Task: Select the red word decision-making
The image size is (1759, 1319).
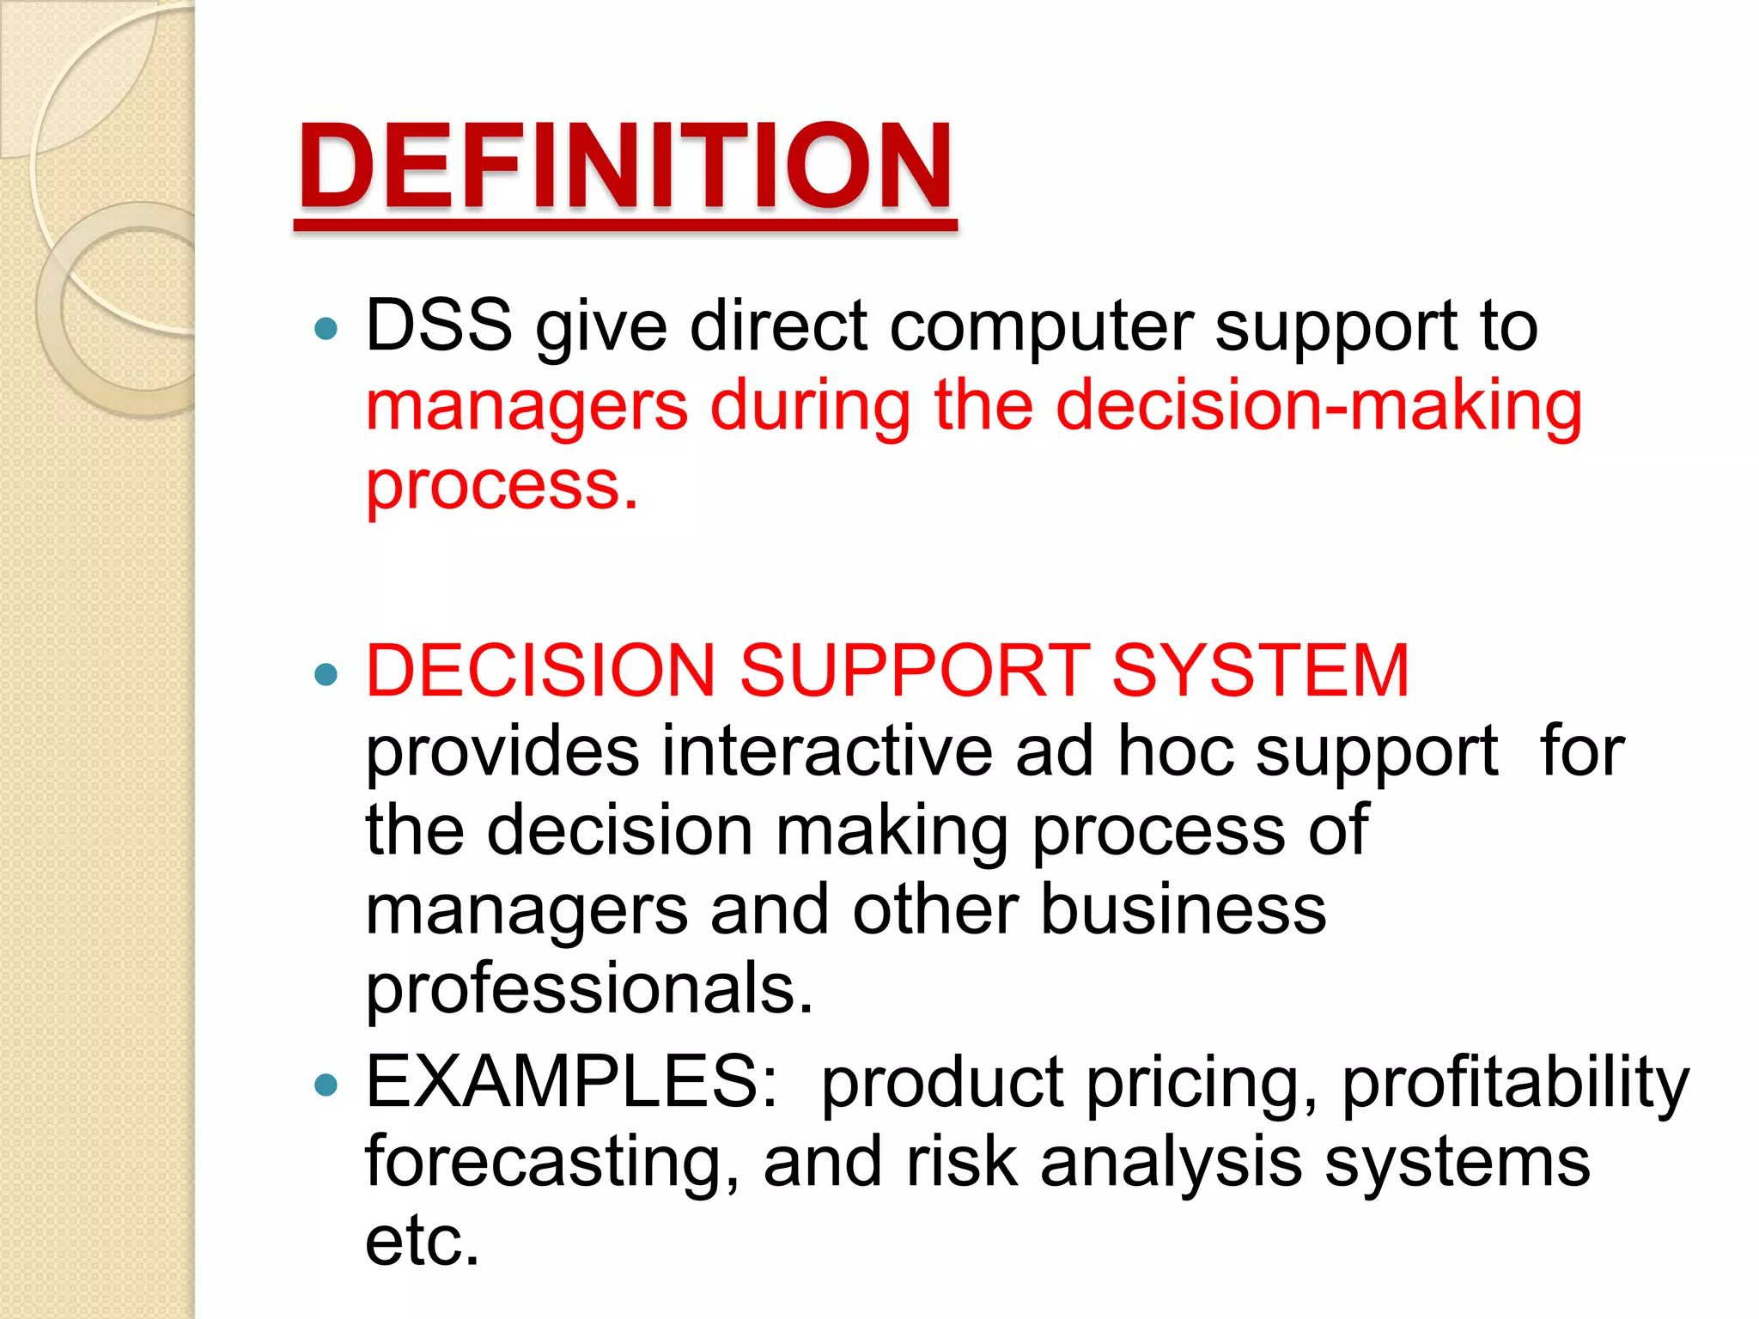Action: coord(1318,406)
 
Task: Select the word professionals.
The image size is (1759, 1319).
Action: coord(589,990)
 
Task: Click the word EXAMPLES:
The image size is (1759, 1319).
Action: coord(572,1081)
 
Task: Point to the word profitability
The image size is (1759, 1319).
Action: coord(1515,1084)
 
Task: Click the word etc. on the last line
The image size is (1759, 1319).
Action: coord(422,1241)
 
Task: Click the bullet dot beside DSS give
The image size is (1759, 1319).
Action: coord(326,328)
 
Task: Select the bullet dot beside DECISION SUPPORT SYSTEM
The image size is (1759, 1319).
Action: coord(326,674)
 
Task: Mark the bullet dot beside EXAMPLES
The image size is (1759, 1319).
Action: coord(326,1085)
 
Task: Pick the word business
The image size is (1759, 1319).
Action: coord(1183,909)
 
